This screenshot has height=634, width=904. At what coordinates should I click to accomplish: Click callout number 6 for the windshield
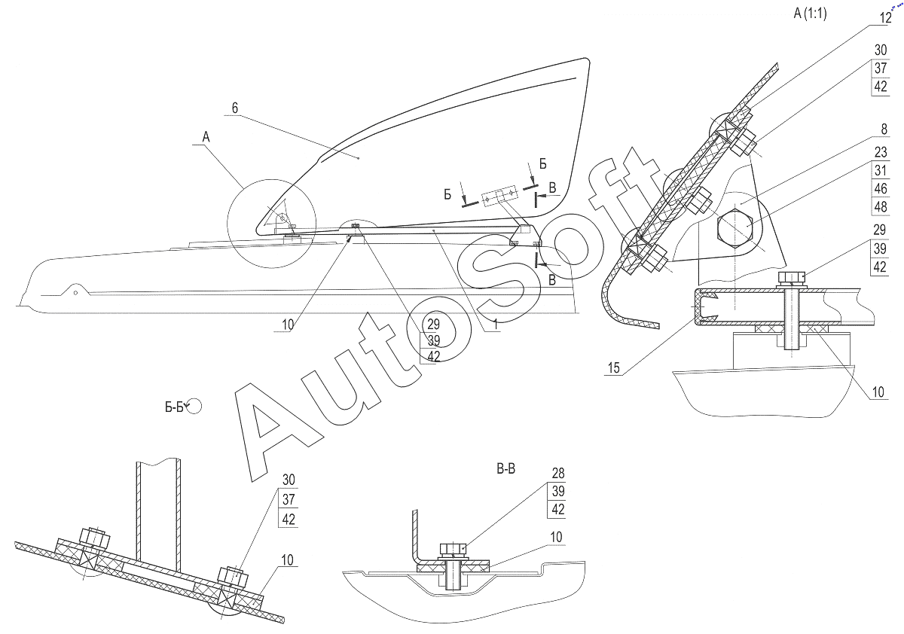pos(235,108)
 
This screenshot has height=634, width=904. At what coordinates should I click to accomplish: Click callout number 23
pos(880,154)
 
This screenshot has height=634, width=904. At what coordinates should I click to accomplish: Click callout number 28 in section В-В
pos(557,474)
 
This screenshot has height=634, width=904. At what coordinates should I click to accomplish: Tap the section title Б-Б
pos(175,407)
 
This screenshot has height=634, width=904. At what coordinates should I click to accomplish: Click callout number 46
pos(880,188)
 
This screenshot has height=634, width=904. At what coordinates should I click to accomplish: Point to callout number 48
pos(880,206)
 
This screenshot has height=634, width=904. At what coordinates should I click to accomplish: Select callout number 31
pos(880,171)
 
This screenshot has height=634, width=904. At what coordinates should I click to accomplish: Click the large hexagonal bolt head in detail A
pos(735,225)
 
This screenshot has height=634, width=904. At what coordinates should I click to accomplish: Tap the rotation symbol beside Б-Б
pos(195,407)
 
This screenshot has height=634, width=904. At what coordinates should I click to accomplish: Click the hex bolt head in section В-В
pos(454,547)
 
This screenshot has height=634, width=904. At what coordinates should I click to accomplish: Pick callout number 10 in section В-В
pos(556,537)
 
